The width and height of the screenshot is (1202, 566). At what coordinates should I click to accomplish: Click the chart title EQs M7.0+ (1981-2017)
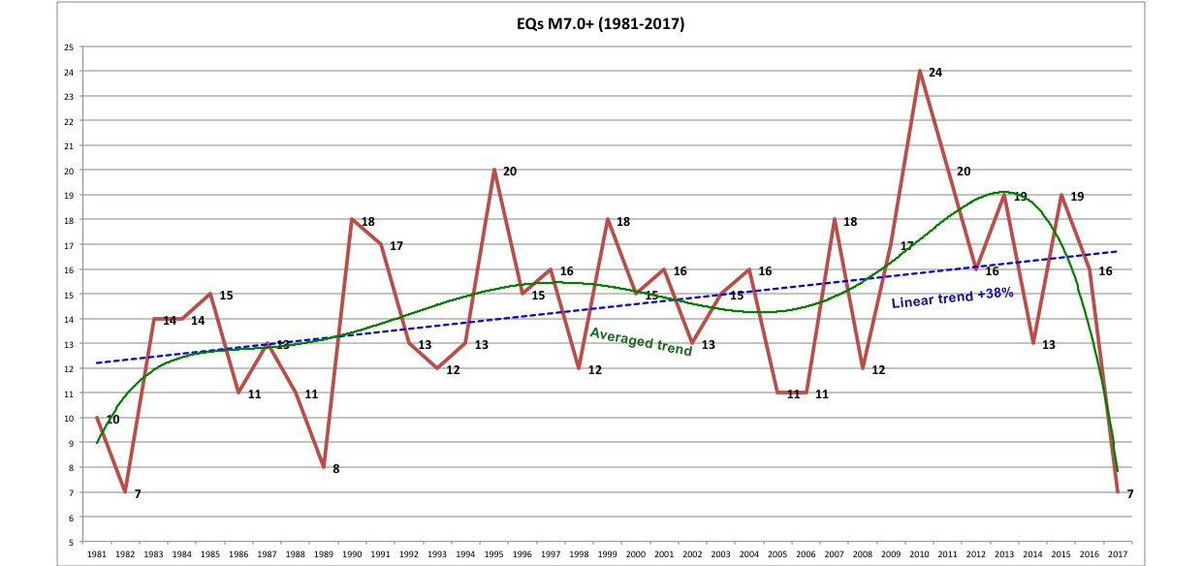[601, 24]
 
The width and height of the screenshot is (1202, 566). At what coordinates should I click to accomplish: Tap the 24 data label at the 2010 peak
[934, 73]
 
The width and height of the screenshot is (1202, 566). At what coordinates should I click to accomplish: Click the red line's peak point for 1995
[494, 170]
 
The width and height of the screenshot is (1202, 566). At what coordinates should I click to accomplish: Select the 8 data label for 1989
[336, 469]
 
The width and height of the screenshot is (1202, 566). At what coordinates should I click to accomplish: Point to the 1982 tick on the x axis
[125, 553]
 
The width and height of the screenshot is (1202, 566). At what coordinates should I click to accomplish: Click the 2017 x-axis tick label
[1118, 553]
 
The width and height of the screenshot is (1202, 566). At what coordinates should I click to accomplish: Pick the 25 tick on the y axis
[68, 47]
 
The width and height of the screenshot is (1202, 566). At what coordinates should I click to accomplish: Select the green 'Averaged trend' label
[641, 341]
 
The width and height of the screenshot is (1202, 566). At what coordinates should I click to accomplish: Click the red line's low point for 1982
[125, 491]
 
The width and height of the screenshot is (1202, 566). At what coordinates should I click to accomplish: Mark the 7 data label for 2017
[1130, 494]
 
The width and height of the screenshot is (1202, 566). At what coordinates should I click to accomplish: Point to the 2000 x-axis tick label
[636, 553]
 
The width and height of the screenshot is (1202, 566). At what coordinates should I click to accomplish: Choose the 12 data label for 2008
[878, 370]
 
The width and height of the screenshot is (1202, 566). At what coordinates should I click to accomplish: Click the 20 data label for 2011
[963, 172]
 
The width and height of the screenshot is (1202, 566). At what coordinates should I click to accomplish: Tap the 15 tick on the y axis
[68, 295]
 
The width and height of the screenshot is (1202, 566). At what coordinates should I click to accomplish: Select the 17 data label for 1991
[395, 246]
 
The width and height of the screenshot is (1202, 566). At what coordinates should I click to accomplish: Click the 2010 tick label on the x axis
[920, 553]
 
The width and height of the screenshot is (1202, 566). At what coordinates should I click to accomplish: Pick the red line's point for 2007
[835, 220]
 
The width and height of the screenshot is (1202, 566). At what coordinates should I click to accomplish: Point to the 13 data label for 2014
[1048, 345]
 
